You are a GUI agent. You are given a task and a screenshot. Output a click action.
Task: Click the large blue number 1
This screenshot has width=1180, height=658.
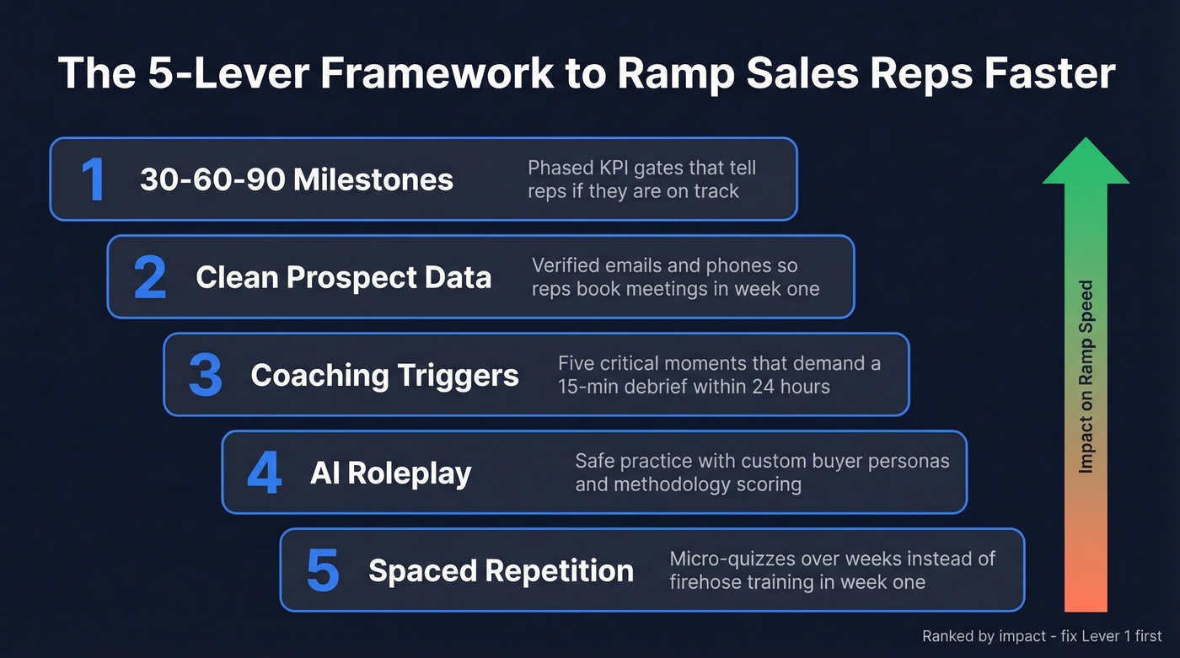coord(93,179)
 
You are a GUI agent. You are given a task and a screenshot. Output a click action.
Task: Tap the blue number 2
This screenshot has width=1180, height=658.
coord(150,277)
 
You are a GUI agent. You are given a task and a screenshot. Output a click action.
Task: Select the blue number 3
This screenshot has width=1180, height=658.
coord(206,376)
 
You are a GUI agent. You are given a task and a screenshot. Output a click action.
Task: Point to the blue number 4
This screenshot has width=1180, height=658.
coord(264,473)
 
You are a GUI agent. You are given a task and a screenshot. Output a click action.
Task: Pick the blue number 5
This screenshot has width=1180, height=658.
coord(322,571)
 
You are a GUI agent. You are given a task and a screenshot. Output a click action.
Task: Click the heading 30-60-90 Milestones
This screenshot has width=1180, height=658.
coord(297,179)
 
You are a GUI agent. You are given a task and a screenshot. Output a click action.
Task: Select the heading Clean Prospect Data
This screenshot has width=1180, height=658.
coord(343,277)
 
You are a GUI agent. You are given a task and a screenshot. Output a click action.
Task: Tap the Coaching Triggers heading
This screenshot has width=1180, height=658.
coord(384,376)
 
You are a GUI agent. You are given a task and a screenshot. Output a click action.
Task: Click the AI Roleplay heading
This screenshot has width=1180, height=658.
coord(390,473)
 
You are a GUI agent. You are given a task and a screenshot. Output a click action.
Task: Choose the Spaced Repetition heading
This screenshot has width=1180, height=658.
coord(501,571)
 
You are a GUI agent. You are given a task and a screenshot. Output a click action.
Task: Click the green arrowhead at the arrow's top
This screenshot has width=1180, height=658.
coord(1086,160)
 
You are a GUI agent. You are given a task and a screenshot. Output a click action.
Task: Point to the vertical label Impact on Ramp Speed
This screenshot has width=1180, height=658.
coord(1086,377)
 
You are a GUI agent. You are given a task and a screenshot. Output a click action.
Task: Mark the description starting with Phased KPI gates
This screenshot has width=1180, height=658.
coord(641,179)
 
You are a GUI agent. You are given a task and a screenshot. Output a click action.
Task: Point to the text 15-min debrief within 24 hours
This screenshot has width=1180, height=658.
coord(694,388)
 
